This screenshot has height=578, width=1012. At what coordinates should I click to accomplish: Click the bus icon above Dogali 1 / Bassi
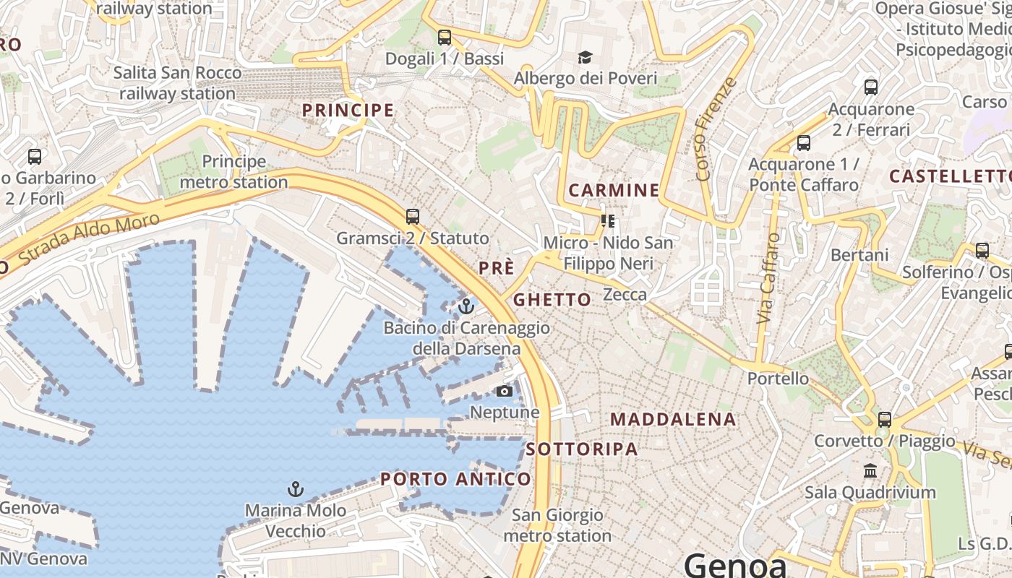445,38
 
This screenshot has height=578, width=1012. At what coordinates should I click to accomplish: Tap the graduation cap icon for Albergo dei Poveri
584,57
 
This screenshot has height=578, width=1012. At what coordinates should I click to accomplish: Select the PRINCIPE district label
348,111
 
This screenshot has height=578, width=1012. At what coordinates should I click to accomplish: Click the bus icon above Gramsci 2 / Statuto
413,216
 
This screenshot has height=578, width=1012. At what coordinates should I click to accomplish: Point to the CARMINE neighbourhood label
614,191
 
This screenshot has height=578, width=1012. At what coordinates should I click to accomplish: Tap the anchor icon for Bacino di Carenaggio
466,306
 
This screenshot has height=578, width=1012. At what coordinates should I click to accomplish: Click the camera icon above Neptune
505,392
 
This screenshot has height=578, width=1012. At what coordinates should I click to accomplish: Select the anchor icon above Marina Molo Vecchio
295,489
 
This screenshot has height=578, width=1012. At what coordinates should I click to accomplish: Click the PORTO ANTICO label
455,479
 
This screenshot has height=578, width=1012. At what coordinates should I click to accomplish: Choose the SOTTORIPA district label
582,449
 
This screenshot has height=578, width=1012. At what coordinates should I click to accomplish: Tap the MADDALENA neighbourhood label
673,419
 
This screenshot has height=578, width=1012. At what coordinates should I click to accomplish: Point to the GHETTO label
552,300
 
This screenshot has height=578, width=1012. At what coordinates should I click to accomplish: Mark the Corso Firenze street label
716,129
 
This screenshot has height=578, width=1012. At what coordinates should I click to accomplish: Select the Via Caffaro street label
768,277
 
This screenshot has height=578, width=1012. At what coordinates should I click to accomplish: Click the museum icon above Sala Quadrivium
870,471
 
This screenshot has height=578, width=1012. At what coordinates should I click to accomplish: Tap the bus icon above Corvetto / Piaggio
884,420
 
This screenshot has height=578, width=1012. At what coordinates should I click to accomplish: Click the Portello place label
778,378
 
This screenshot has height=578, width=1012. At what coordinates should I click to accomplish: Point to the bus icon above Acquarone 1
803,143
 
